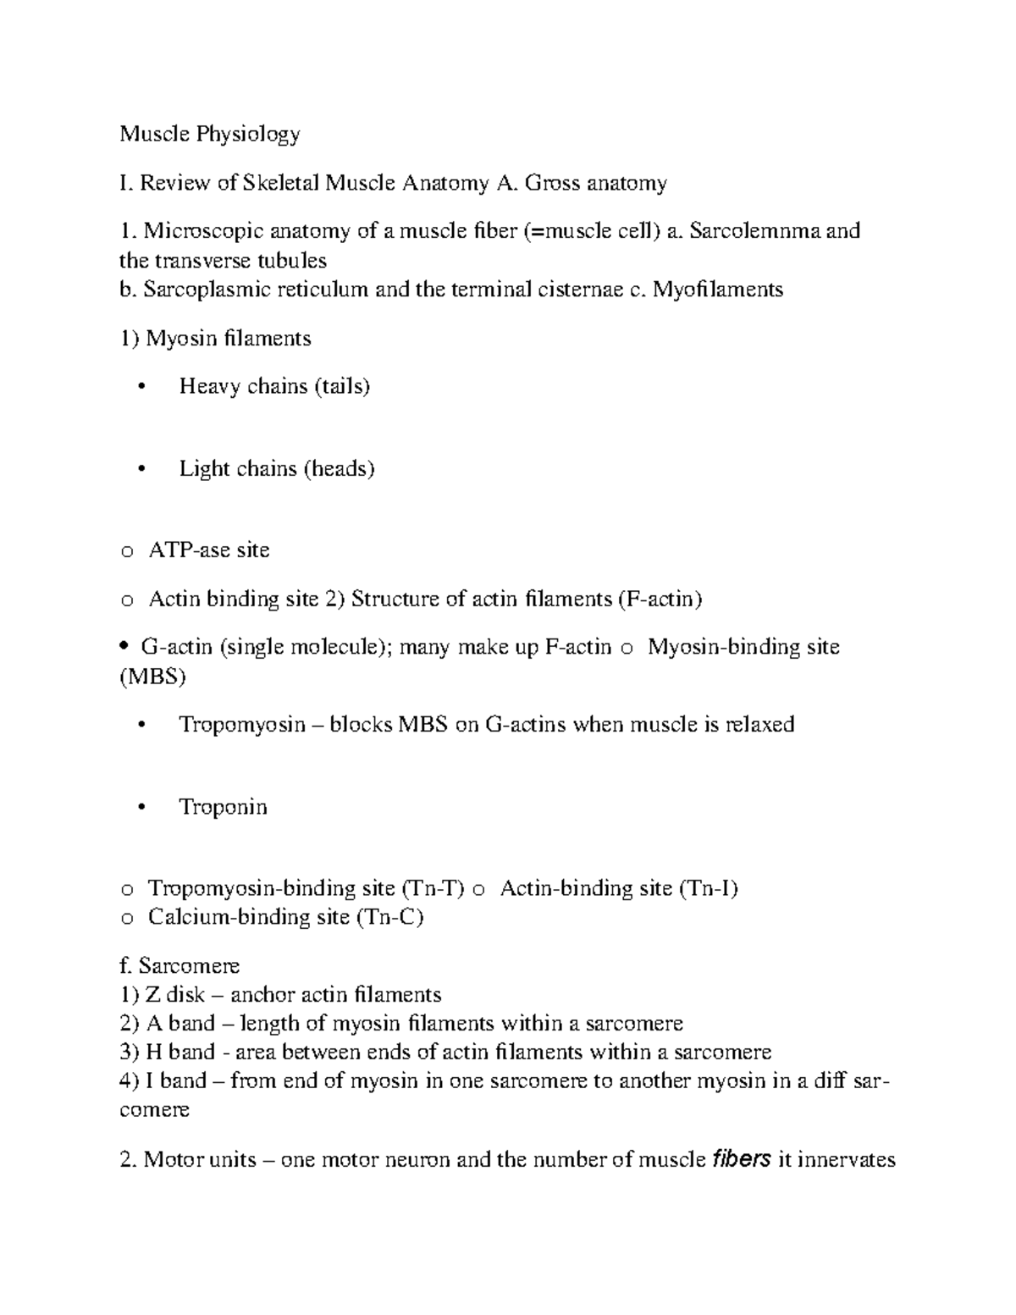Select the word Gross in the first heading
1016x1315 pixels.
click(553, 182)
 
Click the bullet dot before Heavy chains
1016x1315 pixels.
click(141, 387)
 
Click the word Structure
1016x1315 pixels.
click(395, 599)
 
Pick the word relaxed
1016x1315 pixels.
click(759, 724)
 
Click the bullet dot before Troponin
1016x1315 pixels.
click(141, 807)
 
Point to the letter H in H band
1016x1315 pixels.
click(153, 1052)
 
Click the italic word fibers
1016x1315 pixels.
click(742, 1159)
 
